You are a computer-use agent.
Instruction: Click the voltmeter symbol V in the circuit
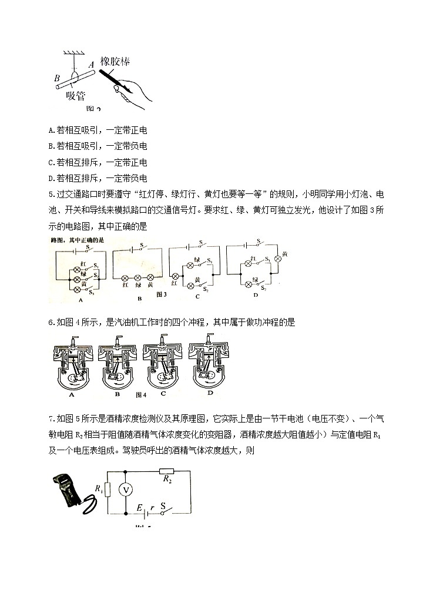click(x=124, y=489)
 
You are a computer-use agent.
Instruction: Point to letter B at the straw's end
click(x=56, y=78)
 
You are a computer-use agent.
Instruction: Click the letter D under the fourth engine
click(x=210, y=393)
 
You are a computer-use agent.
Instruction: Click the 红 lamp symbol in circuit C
click(x=175, y=276)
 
